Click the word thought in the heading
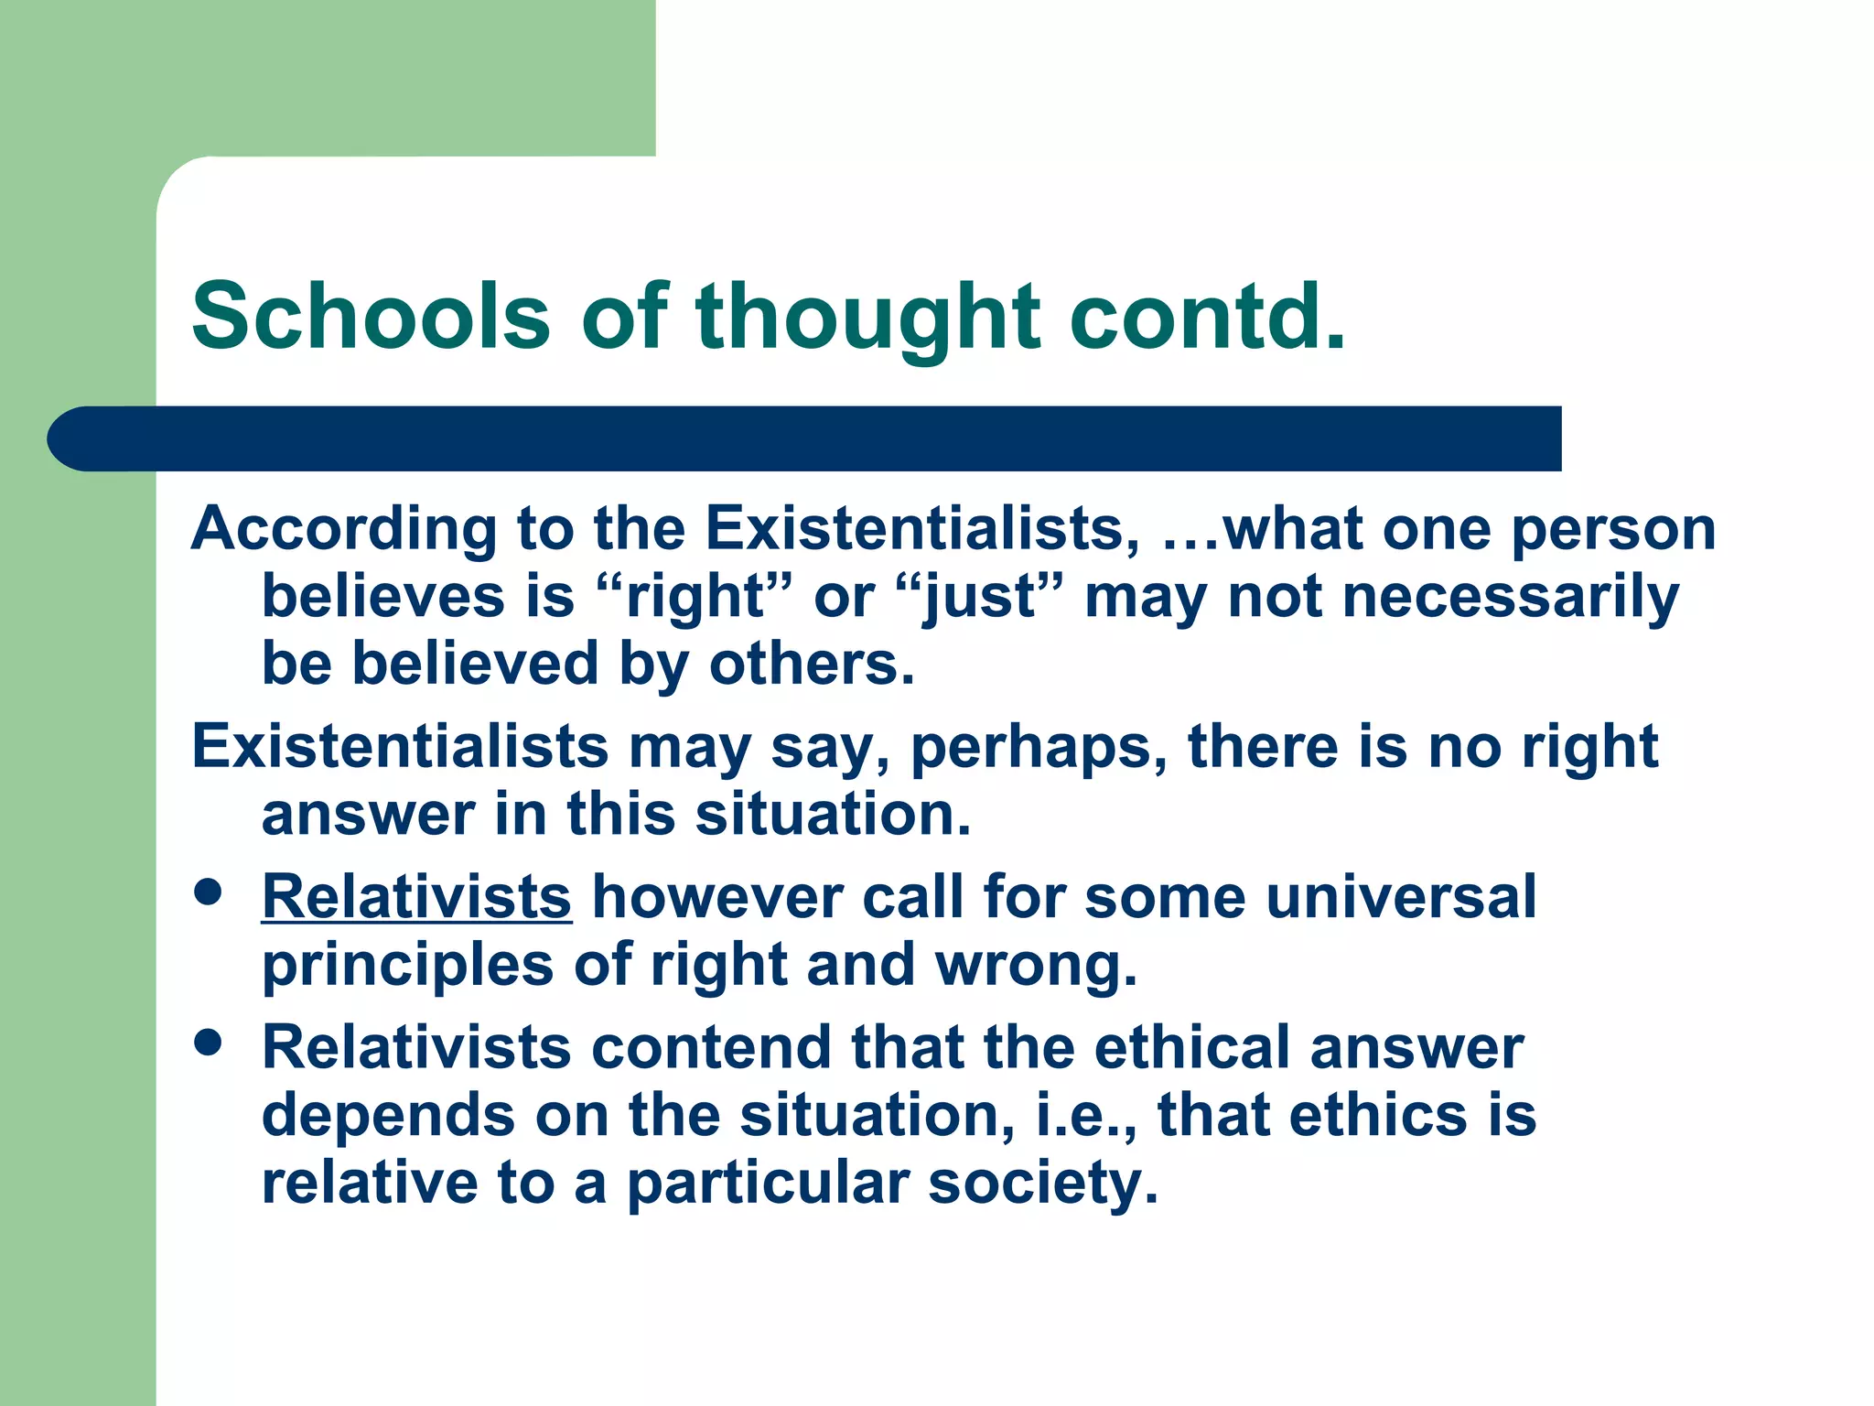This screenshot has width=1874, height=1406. point(867,318)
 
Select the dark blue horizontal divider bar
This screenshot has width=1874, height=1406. point(805,438)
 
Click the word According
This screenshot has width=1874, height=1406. point(343,531)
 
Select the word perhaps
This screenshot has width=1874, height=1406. point(1039,749)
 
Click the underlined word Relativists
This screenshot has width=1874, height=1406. point(416,896)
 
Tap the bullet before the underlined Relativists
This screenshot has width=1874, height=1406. point(209,892)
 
